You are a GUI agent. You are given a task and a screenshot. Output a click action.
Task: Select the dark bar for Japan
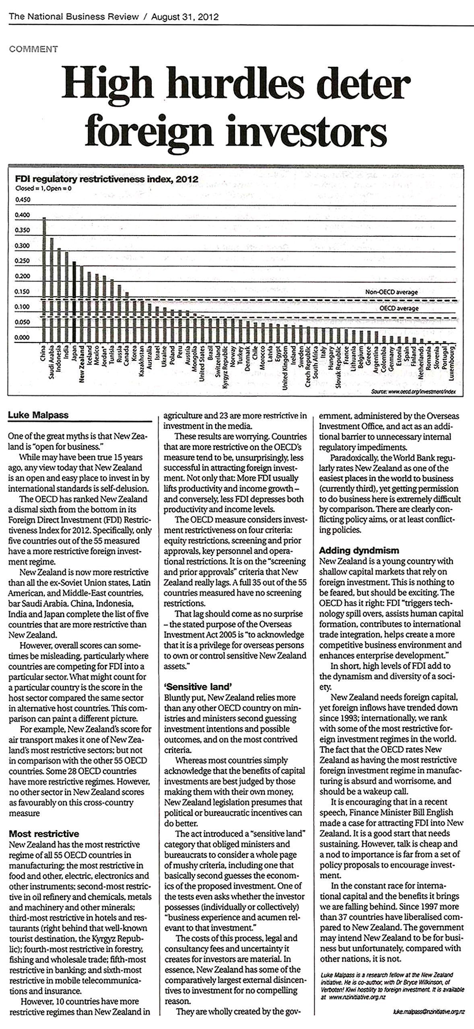tap(74, 301)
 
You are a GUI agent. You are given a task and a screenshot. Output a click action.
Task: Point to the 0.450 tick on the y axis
tap(23, 200)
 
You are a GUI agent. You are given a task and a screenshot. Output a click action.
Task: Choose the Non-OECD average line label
tap(391, 292)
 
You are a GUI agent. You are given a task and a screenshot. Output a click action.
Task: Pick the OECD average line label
tap(399, 309)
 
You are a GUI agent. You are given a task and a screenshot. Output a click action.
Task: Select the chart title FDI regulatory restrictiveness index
tap(107, 179)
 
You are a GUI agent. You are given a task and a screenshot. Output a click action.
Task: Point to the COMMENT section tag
tap(34, 49)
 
